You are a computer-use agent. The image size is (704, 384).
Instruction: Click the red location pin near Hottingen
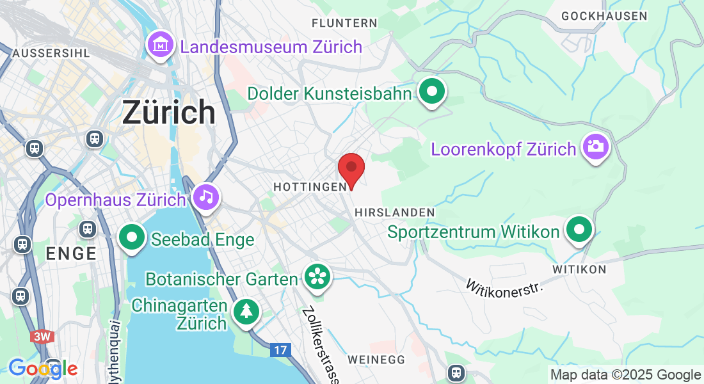click(x=351, y=168)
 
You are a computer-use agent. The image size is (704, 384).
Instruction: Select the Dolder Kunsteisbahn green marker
click(x=432, y=92)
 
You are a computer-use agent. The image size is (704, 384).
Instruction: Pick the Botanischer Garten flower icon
click(x=317, y=277)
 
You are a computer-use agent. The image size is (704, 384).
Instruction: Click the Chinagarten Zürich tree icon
click(x=246, y=312)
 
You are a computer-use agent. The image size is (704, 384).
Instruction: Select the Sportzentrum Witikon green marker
click(x=579, y=228)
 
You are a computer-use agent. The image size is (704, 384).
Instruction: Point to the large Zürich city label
click(x=168, y=113)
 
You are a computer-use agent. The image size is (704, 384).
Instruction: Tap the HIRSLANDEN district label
click(x=394, y=212)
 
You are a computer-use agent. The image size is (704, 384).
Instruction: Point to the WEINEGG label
click(x=377, y=360)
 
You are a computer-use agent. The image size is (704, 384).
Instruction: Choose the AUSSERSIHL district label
click(x=51, y=52)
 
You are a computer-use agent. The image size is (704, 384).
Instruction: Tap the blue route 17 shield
click(x=280, y=350)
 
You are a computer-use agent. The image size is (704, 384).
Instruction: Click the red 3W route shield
click(x=43, y=337)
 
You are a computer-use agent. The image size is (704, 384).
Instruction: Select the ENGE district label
click(x=71, y=253)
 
